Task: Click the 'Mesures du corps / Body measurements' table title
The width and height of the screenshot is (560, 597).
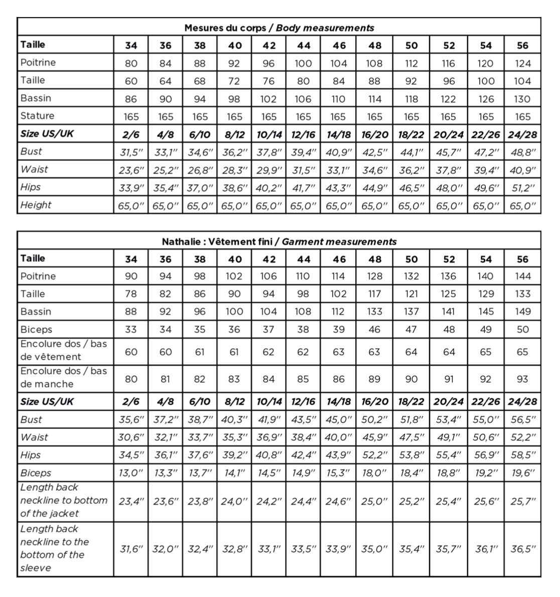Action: [279, 28]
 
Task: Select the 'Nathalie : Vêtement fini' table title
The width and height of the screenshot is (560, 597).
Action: [279, 242]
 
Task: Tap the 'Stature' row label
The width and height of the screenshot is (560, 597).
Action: [38, 116]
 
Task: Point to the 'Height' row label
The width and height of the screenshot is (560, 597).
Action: [36, 205]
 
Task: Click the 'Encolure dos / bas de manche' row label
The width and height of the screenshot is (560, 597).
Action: [63, 378]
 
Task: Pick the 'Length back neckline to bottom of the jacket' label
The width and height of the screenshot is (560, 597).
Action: [64, 500]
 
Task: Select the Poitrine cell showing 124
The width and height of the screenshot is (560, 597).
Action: [522, 64]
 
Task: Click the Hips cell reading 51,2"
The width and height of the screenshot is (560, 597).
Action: [522, 188]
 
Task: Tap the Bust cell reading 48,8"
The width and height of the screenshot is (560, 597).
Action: [522, 152]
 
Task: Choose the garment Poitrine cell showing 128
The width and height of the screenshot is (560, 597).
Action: [374, 276]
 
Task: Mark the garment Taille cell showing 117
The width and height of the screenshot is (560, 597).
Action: [374, 294]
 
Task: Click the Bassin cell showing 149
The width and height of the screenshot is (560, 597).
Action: [522, 312]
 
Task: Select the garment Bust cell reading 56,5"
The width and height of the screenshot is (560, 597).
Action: [522, 420]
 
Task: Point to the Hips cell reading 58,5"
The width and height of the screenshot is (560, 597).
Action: [522, 456]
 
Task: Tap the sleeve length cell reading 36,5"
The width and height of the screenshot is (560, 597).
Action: [522, 549]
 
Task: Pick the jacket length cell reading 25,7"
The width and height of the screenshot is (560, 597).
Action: [522, 501]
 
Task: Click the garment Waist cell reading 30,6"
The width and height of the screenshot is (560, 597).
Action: [130, 437]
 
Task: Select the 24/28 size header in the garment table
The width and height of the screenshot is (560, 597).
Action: [522, 402]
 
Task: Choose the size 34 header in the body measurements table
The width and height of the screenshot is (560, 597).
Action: [130, 46]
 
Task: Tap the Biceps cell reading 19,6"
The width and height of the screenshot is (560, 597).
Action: [522, 473]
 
